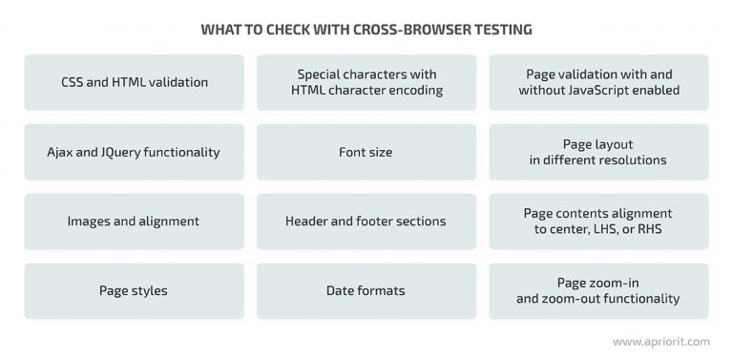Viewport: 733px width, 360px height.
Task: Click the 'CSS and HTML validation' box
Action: coord(134,82)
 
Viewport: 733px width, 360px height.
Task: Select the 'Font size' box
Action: coord(366,152)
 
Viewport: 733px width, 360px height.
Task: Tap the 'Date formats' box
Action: coord(366,290)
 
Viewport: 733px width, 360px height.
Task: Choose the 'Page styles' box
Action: coord(134,290)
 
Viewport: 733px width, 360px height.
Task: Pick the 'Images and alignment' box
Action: coord(134,221)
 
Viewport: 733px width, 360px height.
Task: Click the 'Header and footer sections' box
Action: coord(366,221)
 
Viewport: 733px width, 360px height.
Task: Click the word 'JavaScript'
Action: coord(617,91)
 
